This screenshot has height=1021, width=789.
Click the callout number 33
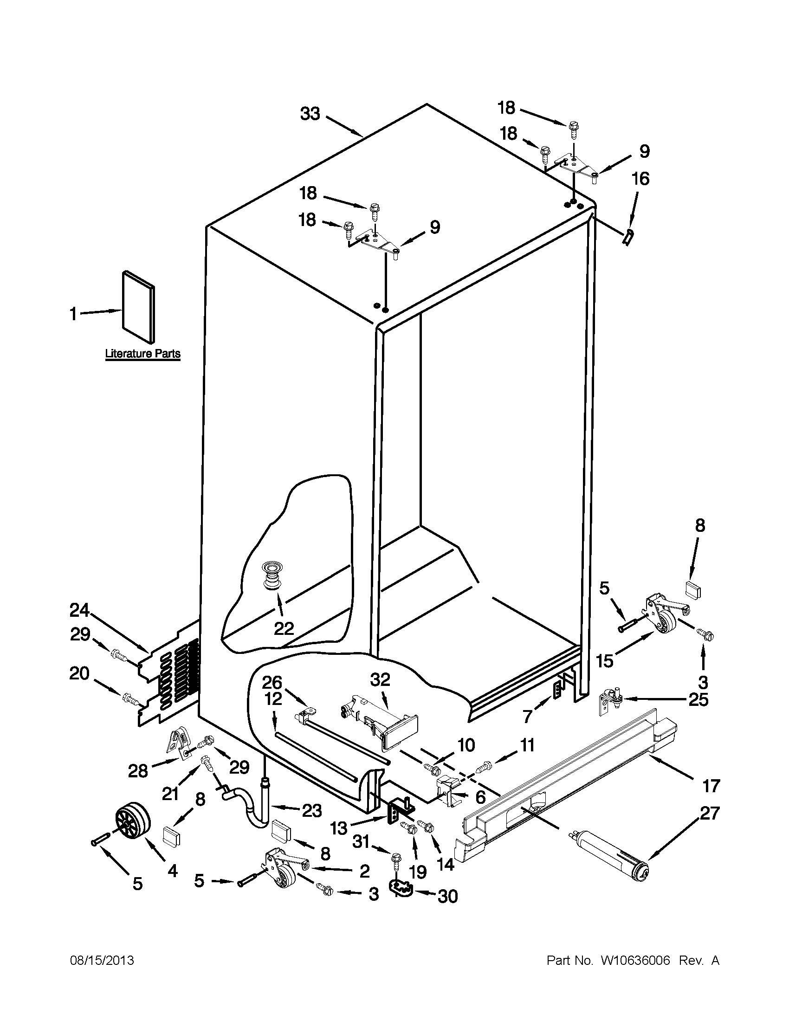tap(310, 114)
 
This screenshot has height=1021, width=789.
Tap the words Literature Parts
tap(142, 354)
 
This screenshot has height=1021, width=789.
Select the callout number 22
tap(284, 628)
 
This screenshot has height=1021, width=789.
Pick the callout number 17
tap(711, 785)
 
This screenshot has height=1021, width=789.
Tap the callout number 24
tap(79, 610)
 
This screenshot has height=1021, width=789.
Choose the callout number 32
tap(380, 680)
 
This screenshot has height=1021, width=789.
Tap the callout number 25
tap(698, 700)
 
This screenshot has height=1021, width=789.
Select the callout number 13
tap(339, 828)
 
